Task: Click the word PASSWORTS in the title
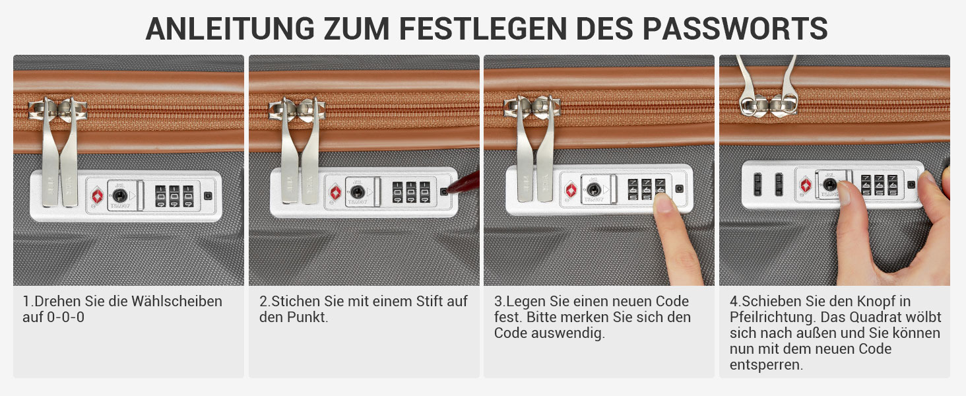pyautogui.click(x=735, y=28)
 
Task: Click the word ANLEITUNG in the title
pyautogui.click(x=230, y=28)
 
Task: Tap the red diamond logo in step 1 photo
pyautogui.click(x=98, y=196)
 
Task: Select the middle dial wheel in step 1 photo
pyautogui.click(x=174, y=196)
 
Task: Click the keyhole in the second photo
pyautogui.click(x=358, y=192)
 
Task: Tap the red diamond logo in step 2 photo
pyautogui.click(x=335, y=193)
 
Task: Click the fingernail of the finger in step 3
pyautogui.click(x=663, y=203)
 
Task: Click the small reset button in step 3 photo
pyautogui.click(x=679, y=189)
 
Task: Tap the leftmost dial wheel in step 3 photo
pyautogui.click(x=633, y=189)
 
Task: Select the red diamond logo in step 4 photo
pyautogui.click(x=806, y=185)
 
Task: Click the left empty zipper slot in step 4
pyautogui.click(x=757, y=184)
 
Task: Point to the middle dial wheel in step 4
pyautogui.click(x=880, y=185)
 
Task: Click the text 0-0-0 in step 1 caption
pyautogui.click(x=65, y=317)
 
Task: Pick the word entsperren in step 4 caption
pyautogui.click(x=766, y=365)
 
